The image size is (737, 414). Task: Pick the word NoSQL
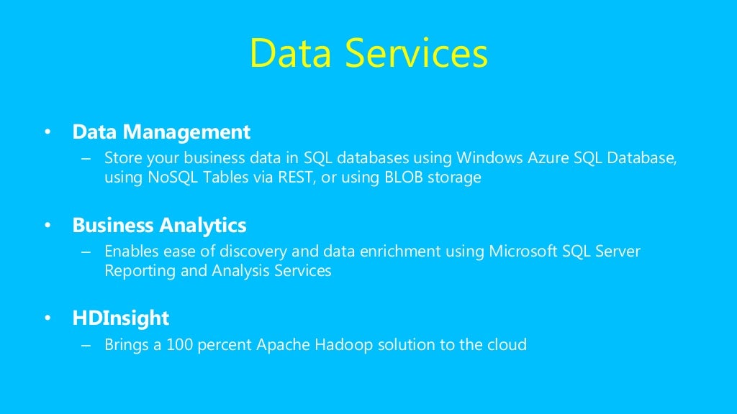171,177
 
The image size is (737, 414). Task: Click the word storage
454,178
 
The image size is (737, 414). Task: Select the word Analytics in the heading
202,226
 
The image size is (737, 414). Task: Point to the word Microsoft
523,251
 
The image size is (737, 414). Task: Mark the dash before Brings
87,345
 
